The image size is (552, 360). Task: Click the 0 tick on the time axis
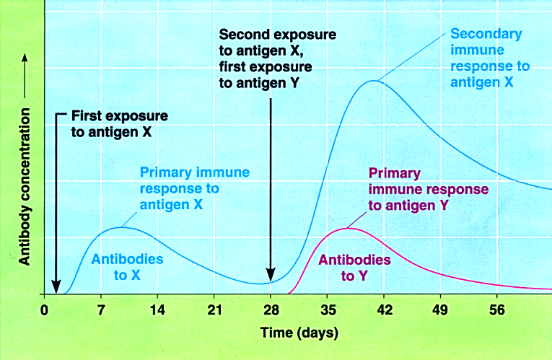[x=44, y=310]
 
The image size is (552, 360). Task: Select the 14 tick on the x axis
[x=157, y=310]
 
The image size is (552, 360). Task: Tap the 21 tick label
[x=214, y=310]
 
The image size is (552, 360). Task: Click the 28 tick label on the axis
[x=271, y=310]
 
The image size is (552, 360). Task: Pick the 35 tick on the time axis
[x=327, y=310]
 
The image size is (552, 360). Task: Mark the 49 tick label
[x=440, y=310]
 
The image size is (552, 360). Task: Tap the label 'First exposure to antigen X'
[x=119, y=123]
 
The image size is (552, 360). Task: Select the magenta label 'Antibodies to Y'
[x=355, y=266]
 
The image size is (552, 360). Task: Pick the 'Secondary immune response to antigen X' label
[x=490, y=58]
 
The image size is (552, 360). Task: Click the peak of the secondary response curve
[x=373, y=80]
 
